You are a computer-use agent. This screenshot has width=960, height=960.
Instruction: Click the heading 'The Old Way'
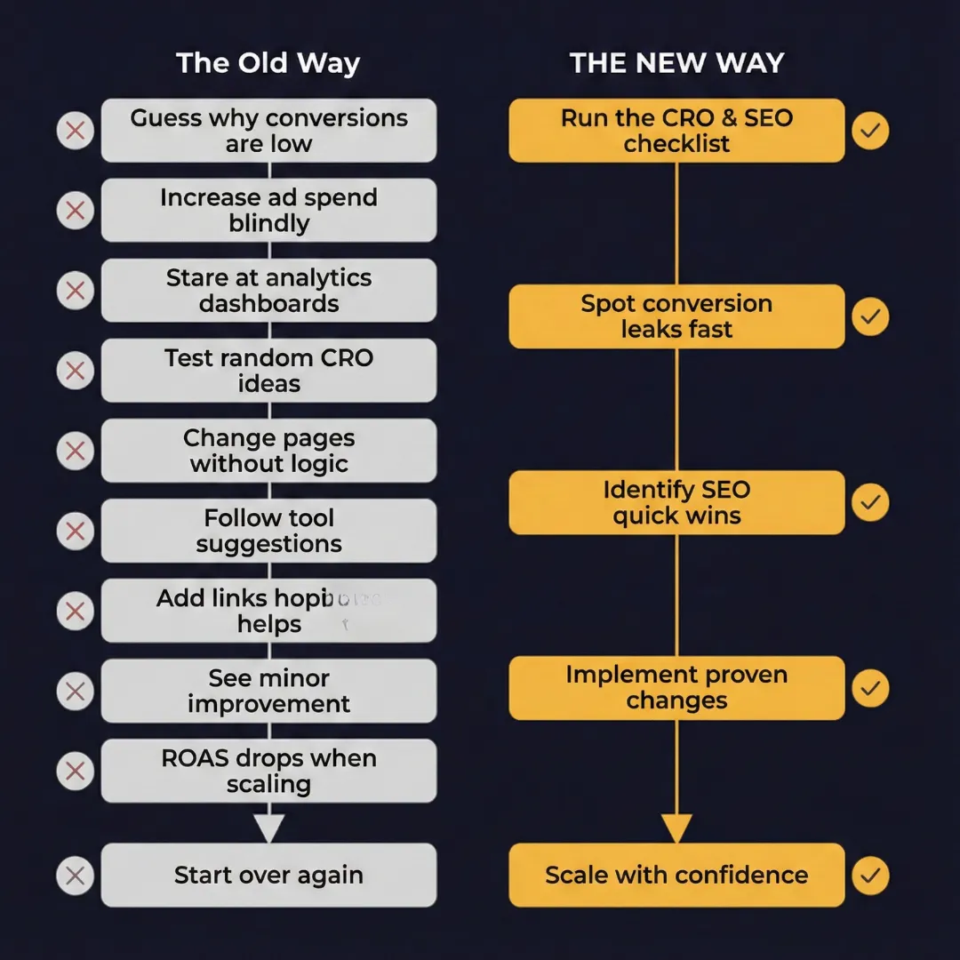(x=268, y=64)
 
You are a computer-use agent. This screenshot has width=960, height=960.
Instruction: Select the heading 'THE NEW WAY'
(x=676, y=64)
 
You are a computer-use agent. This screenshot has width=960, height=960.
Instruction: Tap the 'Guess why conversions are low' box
(x=268, y=131)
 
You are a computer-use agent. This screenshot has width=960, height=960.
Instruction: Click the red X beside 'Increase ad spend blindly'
(x=76, y=211)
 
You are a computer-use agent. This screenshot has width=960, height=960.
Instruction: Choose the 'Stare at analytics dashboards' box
(x=268, y=291)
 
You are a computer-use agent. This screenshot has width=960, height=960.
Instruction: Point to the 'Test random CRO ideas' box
(x=268, y=371)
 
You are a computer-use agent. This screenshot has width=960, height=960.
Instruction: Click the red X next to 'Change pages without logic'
(x=76, y=451)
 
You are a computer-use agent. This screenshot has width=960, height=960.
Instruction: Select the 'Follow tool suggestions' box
(x=268, y=531)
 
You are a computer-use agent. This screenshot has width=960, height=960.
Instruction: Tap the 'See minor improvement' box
(x=268, y=691)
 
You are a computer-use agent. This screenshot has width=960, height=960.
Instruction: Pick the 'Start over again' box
(x=268, y=876)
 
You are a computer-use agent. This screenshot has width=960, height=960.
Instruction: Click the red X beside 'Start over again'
(x=76, y=876)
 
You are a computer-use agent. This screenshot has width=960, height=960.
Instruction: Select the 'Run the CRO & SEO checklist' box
(x=676, y=131)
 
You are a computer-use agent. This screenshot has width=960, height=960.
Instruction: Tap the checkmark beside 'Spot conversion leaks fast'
(x=870, y=316)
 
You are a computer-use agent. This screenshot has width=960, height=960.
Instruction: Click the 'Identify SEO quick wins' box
(x=676, y=502)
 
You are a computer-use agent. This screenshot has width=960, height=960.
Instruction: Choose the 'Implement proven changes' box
(x=676, y=688)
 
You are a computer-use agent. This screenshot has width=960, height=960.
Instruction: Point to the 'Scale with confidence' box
(x=676, y=876)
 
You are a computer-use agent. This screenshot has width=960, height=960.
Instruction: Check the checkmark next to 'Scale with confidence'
(x=870, y=876)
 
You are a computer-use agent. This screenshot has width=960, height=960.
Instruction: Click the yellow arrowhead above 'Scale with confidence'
(x=676, y=828)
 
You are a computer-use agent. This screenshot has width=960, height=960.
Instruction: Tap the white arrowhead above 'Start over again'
(x=268, y=828)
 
